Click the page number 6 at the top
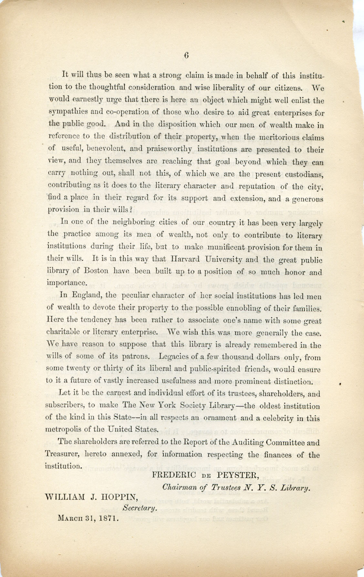[186, 55]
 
